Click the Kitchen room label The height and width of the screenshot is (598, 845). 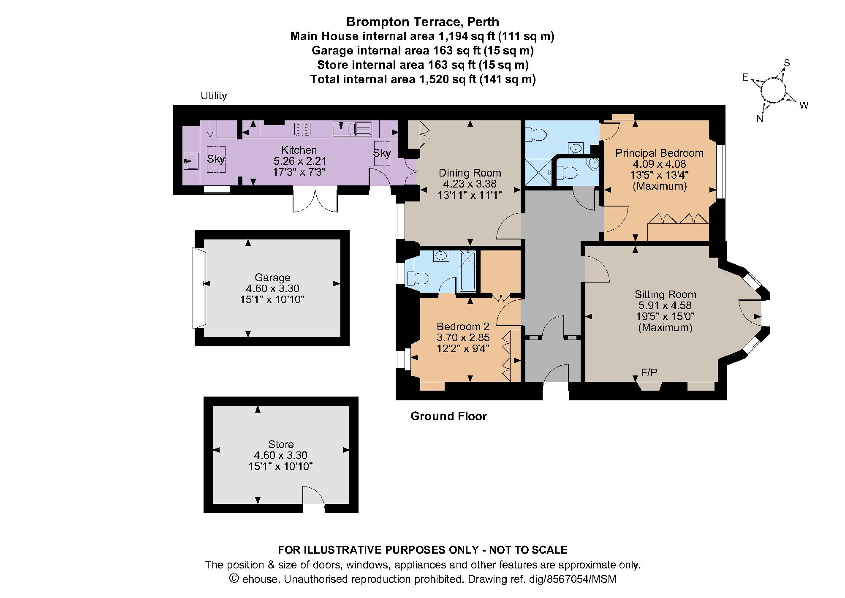(x=299, y=150)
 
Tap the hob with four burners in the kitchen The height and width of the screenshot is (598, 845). (x=302, y=129)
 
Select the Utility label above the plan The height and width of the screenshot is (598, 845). (x=214, y=96)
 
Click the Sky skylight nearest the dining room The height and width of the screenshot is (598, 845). (x=382, y=153)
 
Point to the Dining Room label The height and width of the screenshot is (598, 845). (x=470, y=173)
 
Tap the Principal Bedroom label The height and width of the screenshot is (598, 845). (x=659, y=153)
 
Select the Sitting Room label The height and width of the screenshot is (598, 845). (x=665, y=294)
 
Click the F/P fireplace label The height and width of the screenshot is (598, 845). (x=649, y=372)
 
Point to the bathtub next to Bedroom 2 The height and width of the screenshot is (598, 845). (x=468, y=271)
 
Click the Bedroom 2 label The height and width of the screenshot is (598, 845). (x=463, y=326)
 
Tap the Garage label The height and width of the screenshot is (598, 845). (x=272, y=277)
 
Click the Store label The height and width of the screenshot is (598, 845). (x=281, y=444)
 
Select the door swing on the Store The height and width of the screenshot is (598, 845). (x=313, y=496)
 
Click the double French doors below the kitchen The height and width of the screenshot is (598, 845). (x=315, y=201)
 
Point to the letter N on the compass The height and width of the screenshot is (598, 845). (x=760, y=119)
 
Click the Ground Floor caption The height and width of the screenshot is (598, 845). (x=448, y=416)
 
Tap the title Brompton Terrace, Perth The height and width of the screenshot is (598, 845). (x=422, y=22)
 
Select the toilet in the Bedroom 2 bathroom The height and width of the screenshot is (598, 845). (x=418, y=278)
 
